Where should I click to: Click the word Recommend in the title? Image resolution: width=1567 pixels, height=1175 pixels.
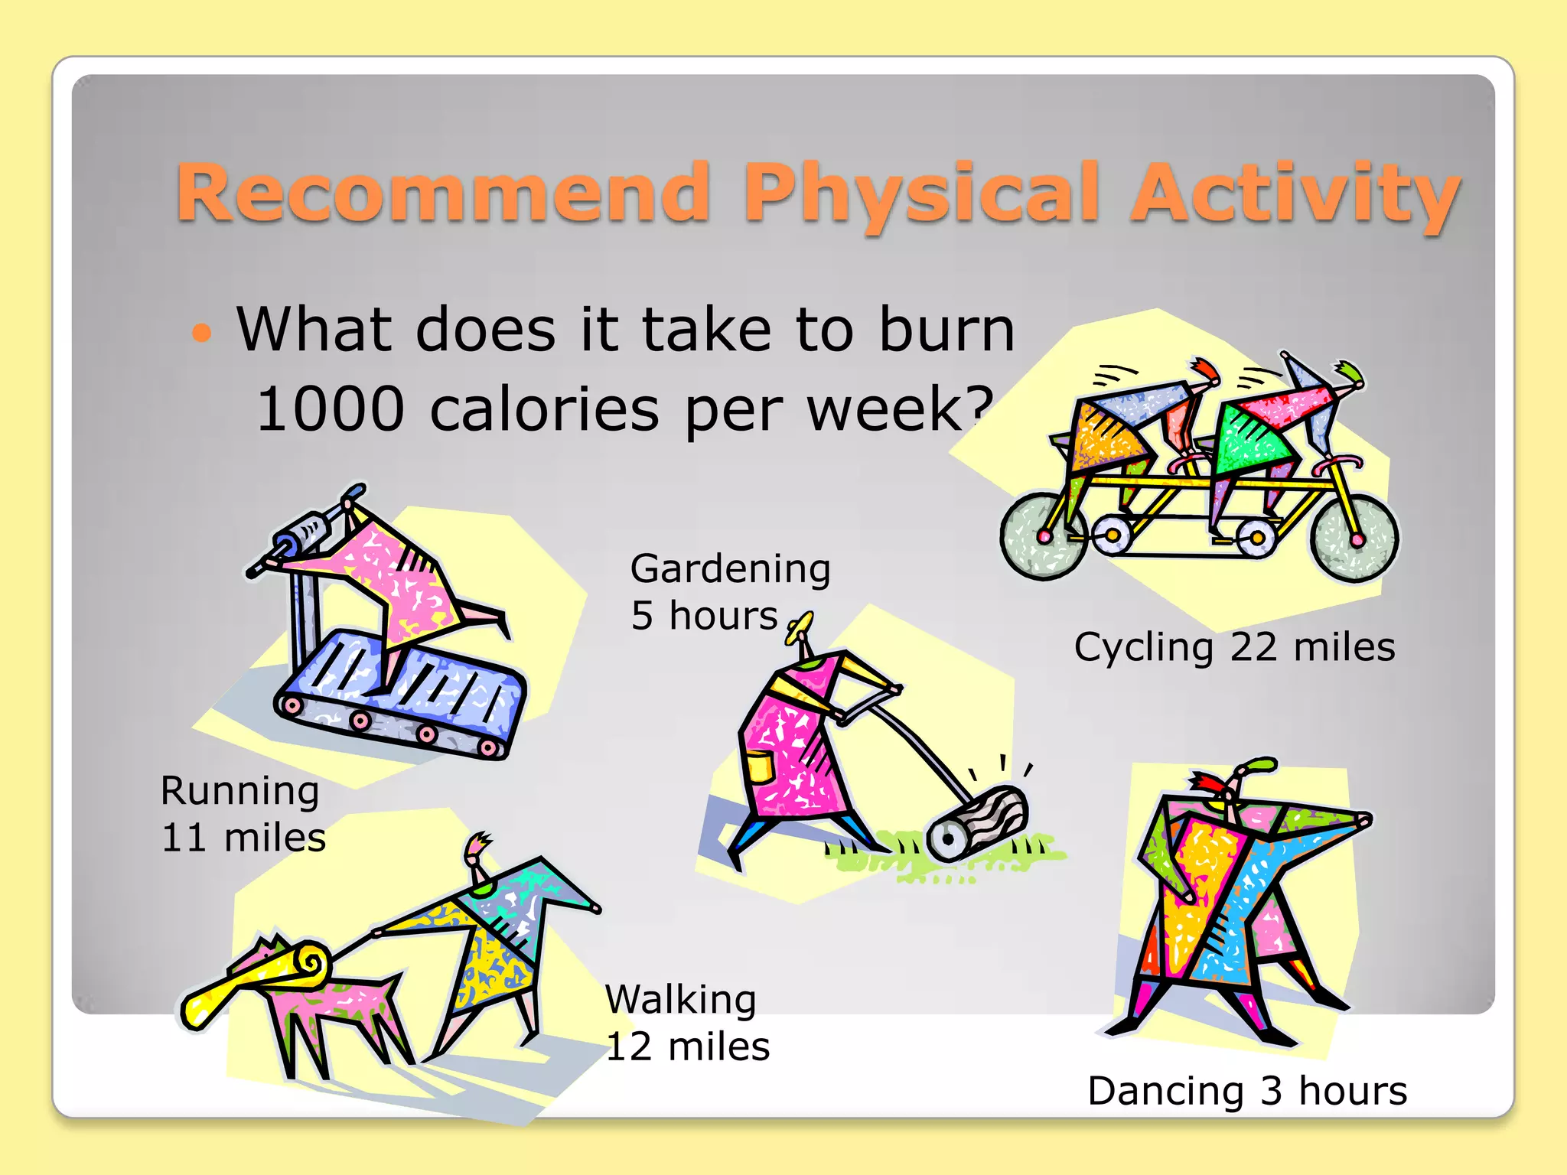(444, 194)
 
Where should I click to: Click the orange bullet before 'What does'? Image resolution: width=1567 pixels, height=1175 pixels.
(201, 333)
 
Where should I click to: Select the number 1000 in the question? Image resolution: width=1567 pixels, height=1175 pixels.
(331, 410)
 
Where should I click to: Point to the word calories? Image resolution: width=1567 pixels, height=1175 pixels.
(544, 410)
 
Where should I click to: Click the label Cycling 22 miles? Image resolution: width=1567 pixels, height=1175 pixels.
(1234, 647)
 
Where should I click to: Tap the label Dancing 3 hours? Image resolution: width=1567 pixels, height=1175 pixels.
(1246, 1091)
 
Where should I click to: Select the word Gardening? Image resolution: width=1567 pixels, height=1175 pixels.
(730, 569)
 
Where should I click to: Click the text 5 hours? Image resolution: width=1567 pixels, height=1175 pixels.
(704, 616)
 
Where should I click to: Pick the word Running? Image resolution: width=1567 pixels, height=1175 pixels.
(239, 791)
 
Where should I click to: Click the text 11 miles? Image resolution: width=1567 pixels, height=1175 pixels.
(243, 838)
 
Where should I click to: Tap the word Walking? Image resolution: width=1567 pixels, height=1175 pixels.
(681, 1000)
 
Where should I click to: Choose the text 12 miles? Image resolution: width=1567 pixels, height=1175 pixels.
(687, 1046)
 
